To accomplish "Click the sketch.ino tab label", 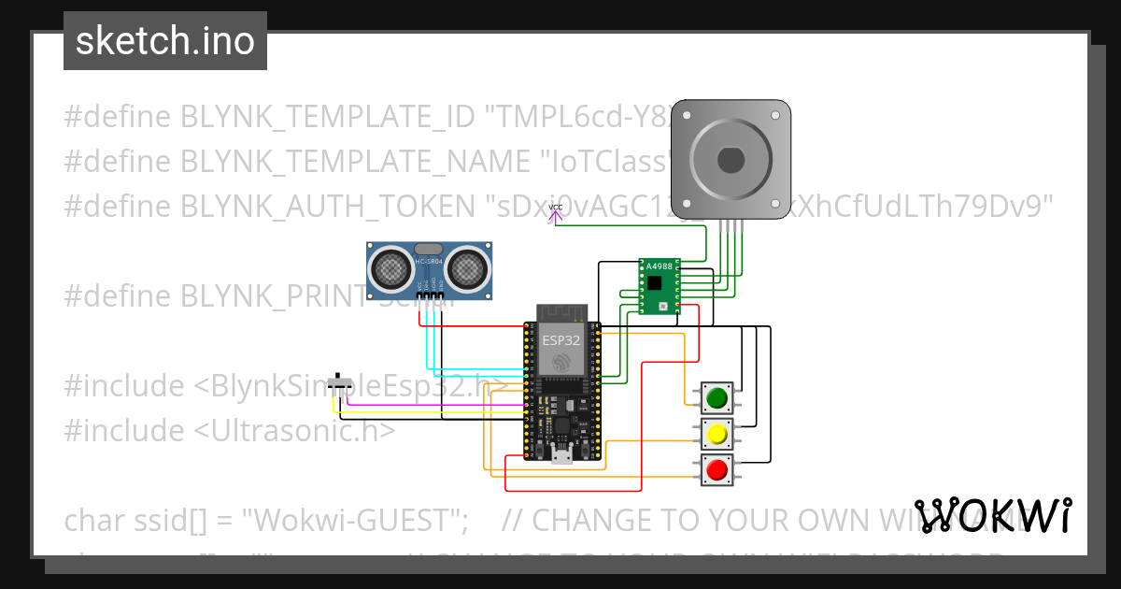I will pos(165,41).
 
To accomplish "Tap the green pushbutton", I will pos(717,398).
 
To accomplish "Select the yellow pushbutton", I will pos(717,434).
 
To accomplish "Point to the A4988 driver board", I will pos(660,286).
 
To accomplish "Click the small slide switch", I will pos(345,381).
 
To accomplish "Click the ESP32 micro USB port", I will pos(561,456).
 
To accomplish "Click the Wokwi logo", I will pos(993,515).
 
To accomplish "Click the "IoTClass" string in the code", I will pos(606,161).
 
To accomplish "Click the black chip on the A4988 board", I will pos(655,281).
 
